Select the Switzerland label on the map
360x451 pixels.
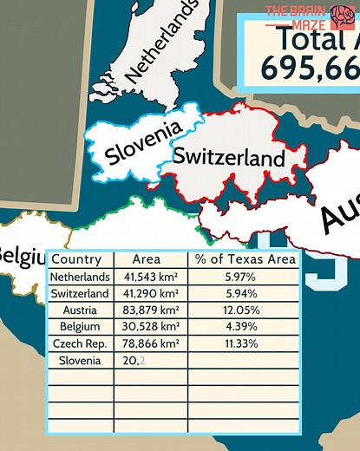coord(228,157)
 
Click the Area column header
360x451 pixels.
coord(147,259)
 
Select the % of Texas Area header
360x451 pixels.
coord(245,259)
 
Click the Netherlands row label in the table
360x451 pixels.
coord(80,277)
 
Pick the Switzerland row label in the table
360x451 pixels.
coord(80,293)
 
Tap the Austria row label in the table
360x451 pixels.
coord(80,310)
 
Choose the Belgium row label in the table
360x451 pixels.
coord(80,326)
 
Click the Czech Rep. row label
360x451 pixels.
coord(80,343)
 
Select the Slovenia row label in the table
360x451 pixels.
coord(80,359)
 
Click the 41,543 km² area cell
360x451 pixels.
coord(151,277)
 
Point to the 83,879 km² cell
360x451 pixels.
coord(151,310)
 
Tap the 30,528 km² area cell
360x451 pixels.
coord(151,326)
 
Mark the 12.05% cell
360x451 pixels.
coord(245,310)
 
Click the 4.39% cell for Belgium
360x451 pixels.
coord(245,326)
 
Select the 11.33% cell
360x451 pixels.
coord(245,343)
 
